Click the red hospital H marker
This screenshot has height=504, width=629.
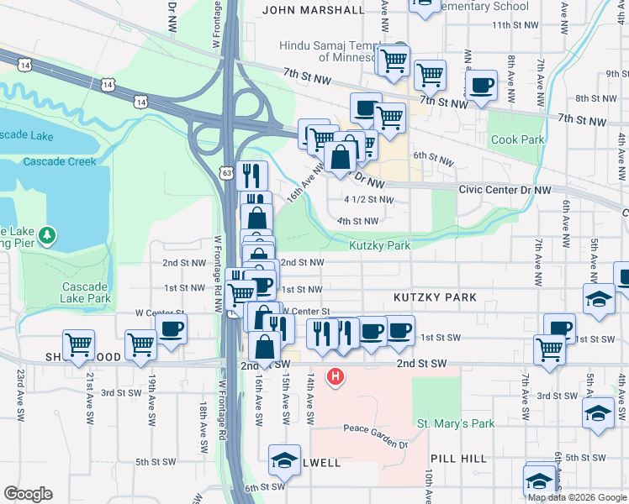336,377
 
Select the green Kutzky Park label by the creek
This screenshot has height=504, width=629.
380,246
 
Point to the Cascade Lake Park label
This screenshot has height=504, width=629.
87,292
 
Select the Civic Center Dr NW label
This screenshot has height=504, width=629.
505,191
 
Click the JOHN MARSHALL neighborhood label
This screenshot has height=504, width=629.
314,10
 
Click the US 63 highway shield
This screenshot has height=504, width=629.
228,172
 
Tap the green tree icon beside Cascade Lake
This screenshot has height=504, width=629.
49,234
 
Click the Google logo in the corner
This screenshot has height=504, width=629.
28,493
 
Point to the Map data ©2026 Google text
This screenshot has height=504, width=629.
576,496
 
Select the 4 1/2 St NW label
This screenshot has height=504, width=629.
369,200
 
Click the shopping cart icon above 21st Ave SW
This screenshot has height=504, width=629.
78,344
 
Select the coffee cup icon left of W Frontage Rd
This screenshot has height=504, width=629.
171,328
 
